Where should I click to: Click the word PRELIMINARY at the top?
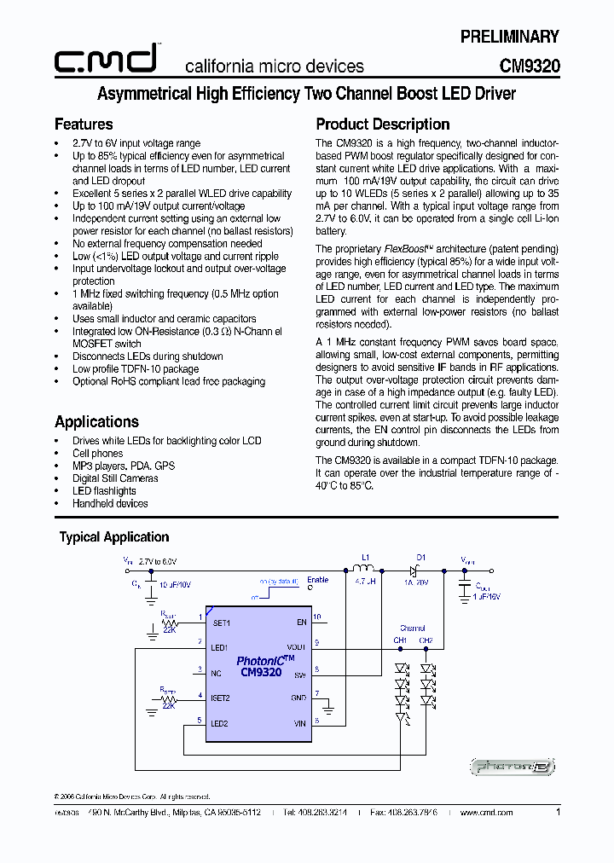point(509,37)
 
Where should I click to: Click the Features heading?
point(84,125)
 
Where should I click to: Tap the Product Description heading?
point(382,125)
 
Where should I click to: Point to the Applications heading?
point(96,422)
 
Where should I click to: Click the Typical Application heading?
point(113,537)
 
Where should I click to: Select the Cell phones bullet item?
point(97,454)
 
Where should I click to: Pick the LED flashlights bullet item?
point(103,491)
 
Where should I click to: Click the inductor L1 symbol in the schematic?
point(365,569)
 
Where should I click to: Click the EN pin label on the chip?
point(301,623)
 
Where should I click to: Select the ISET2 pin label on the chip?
point(222,698)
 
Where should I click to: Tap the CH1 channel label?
point(400,640)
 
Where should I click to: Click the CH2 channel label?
point(426,640)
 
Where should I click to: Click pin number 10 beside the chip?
point(317,617)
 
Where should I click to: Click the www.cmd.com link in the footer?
point(486,813)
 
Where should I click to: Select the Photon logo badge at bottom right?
point(513,767)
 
